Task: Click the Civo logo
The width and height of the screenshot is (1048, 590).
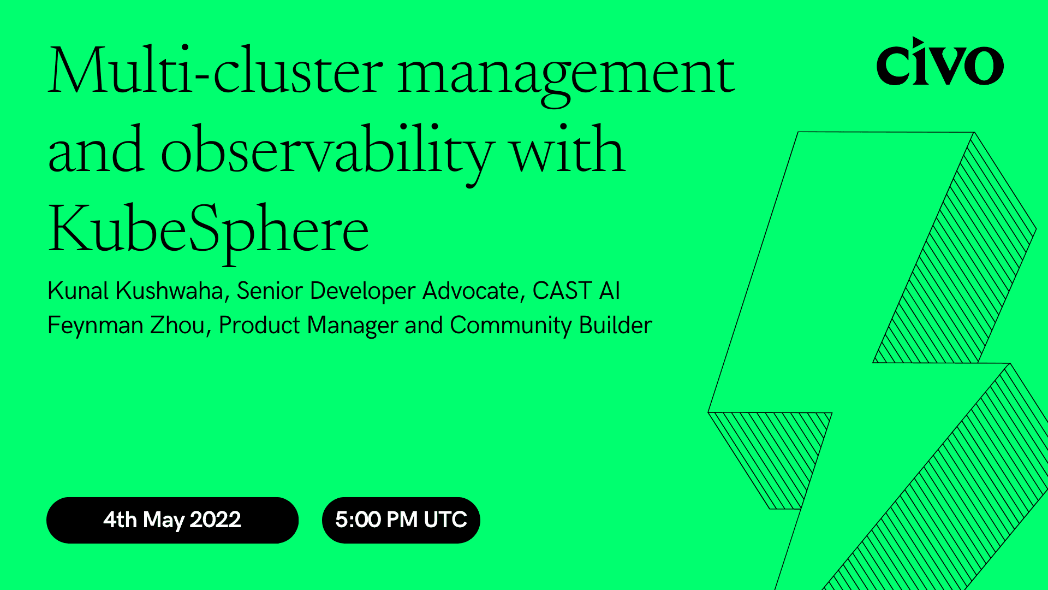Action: click(940, 62)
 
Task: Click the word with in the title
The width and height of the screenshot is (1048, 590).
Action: click(568, 150)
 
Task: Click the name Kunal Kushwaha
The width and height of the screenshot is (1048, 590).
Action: click(135, 291)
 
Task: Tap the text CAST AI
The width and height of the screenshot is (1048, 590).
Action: click(576, 291)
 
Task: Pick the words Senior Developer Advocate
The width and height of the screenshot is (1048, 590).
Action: click(377, 291)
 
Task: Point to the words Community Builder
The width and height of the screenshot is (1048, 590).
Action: click(551, 326)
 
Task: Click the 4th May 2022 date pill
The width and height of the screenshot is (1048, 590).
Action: click(172, 520)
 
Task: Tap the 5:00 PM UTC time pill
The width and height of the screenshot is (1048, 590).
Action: click(401, 520)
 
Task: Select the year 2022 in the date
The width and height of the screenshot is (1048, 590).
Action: click(215, 520)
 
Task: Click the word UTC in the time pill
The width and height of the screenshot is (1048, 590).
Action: click(445, 520)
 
